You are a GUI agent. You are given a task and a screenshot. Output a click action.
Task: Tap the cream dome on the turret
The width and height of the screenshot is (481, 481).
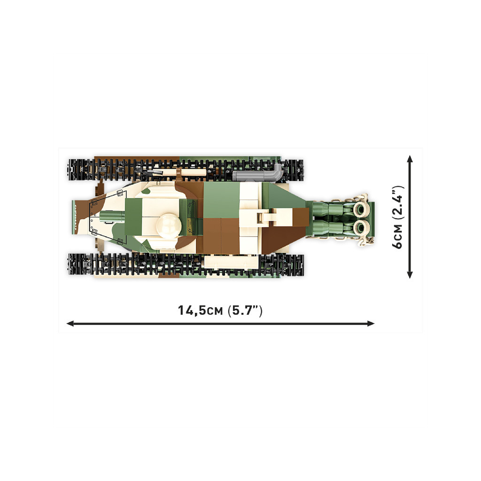[x=169, y=226]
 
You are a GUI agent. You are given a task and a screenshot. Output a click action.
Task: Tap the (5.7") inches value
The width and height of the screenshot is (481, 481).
[x=245, y=311]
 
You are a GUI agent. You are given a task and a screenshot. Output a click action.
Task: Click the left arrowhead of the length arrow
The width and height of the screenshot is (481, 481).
[x=70, y=323]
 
